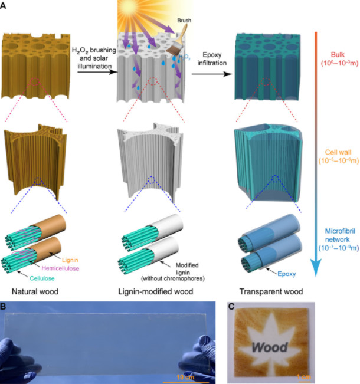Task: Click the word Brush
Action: (x=183, y=19)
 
